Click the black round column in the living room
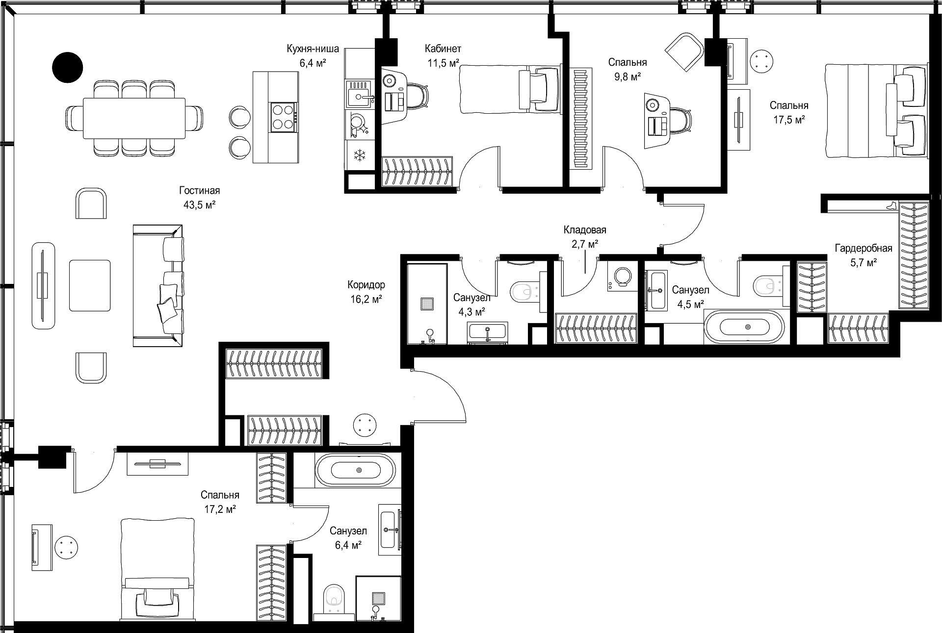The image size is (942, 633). [x=68, y=67]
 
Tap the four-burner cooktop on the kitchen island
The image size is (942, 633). [x=284, y=117]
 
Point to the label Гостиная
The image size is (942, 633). [x=200, y=191]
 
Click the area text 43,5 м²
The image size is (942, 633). [x=200, y=205]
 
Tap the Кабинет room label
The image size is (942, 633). [x=443, y=49]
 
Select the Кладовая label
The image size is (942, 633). [x=585, y=230]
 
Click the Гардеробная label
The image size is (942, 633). [x=863, y=249]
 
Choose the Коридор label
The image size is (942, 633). [x=366, y=285]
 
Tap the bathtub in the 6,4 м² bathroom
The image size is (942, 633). [x=355, y=470]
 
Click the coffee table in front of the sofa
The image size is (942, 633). [x=90, y=285]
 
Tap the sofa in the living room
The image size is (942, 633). [x=158, y=286]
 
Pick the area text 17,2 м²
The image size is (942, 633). [x=220, y=509]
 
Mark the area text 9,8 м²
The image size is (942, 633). [x=627, y=76]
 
